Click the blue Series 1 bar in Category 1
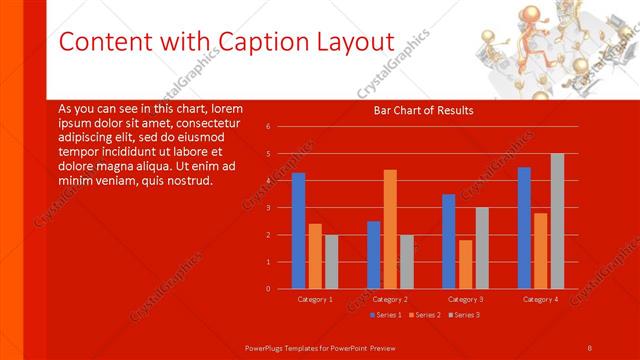tap(298, 231)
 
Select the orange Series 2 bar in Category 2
tap(390, 229)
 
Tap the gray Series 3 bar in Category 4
tap(557, 221)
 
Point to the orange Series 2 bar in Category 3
tap(465, 264)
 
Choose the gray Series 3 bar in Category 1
tap(332, 262)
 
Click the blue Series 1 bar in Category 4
tap(524, 228)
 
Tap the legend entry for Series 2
tap(425, 315)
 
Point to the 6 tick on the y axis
tap(268, 127)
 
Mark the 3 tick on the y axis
tap(268, 208)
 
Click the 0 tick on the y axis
tap(268, 289)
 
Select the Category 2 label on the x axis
tap(389, 299)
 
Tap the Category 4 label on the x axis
tap(540, 299)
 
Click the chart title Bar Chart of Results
tap(423, 110)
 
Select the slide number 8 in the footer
tap(590, 347)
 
